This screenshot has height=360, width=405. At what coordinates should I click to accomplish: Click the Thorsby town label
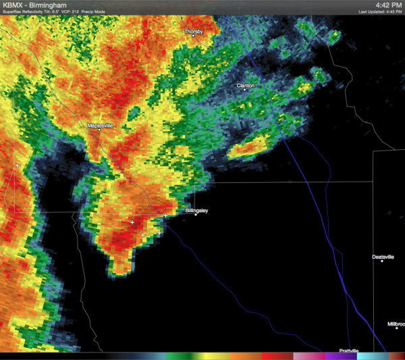coord(194,32)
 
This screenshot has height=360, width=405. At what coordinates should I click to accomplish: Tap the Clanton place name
coord(246,86)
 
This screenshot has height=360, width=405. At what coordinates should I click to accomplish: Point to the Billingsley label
coord(196,211)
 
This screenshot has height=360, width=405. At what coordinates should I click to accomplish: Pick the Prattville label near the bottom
coord(348,351)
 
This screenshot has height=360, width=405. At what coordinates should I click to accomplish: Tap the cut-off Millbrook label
coord(396,324)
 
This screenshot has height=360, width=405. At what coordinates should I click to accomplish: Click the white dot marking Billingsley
coord(196,215)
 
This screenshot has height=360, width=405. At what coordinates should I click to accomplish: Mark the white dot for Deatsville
coord(382,262)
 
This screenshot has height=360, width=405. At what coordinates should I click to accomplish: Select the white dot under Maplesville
coord(99,130)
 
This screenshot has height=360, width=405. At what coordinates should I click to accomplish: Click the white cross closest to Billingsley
coord(165,215)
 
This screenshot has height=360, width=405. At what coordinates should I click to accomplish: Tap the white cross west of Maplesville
coord(17,165)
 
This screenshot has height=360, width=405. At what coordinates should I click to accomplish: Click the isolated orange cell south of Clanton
coord(250,147)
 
